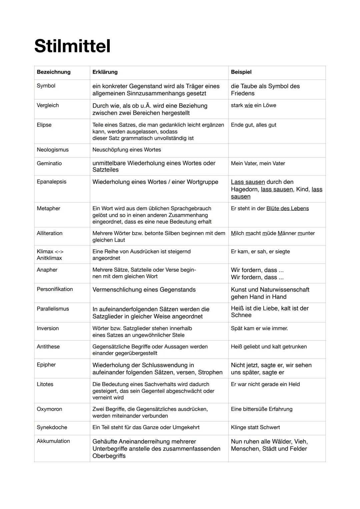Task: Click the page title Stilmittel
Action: (x=72, y=46)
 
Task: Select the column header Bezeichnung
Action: (x=54, y=72)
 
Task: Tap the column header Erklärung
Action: (x=105, y=72)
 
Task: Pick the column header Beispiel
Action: (x=241, y=72)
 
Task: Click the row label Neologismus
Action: (x=53, y=150)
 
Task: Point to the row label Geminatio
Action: (x=49, y=163)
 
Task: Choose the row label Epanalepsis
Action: (x=52, y=182)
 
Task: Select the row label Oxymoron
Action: (x=49, y=409)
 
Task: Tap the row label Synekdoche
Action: (x=52, y=427)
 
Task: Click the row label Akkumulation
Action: (x=53, y=441)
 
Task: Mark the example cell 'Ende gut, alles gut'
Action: (x=254, y=125)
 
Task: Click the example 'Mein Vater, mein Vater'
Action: (x=258, y=163)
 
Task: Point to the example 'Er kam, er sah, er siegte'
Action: (x=260, y=252)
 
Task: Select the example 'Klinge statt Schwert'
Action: (x=255, y=427)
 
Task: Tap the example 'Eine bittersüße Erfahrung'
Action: (x=262, y=409)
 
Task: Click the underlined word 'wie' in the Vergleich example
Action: (x=248, y=105)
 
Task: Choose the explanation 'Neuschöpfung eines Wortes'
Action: (x=127, y=150)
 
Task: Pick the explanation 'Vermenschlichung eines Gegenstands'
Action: (x=144, y=290)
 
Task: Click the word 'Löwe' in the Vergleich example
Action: (x=270, y=105)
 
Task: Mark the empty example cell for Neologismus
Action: (x=277, y=150)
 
